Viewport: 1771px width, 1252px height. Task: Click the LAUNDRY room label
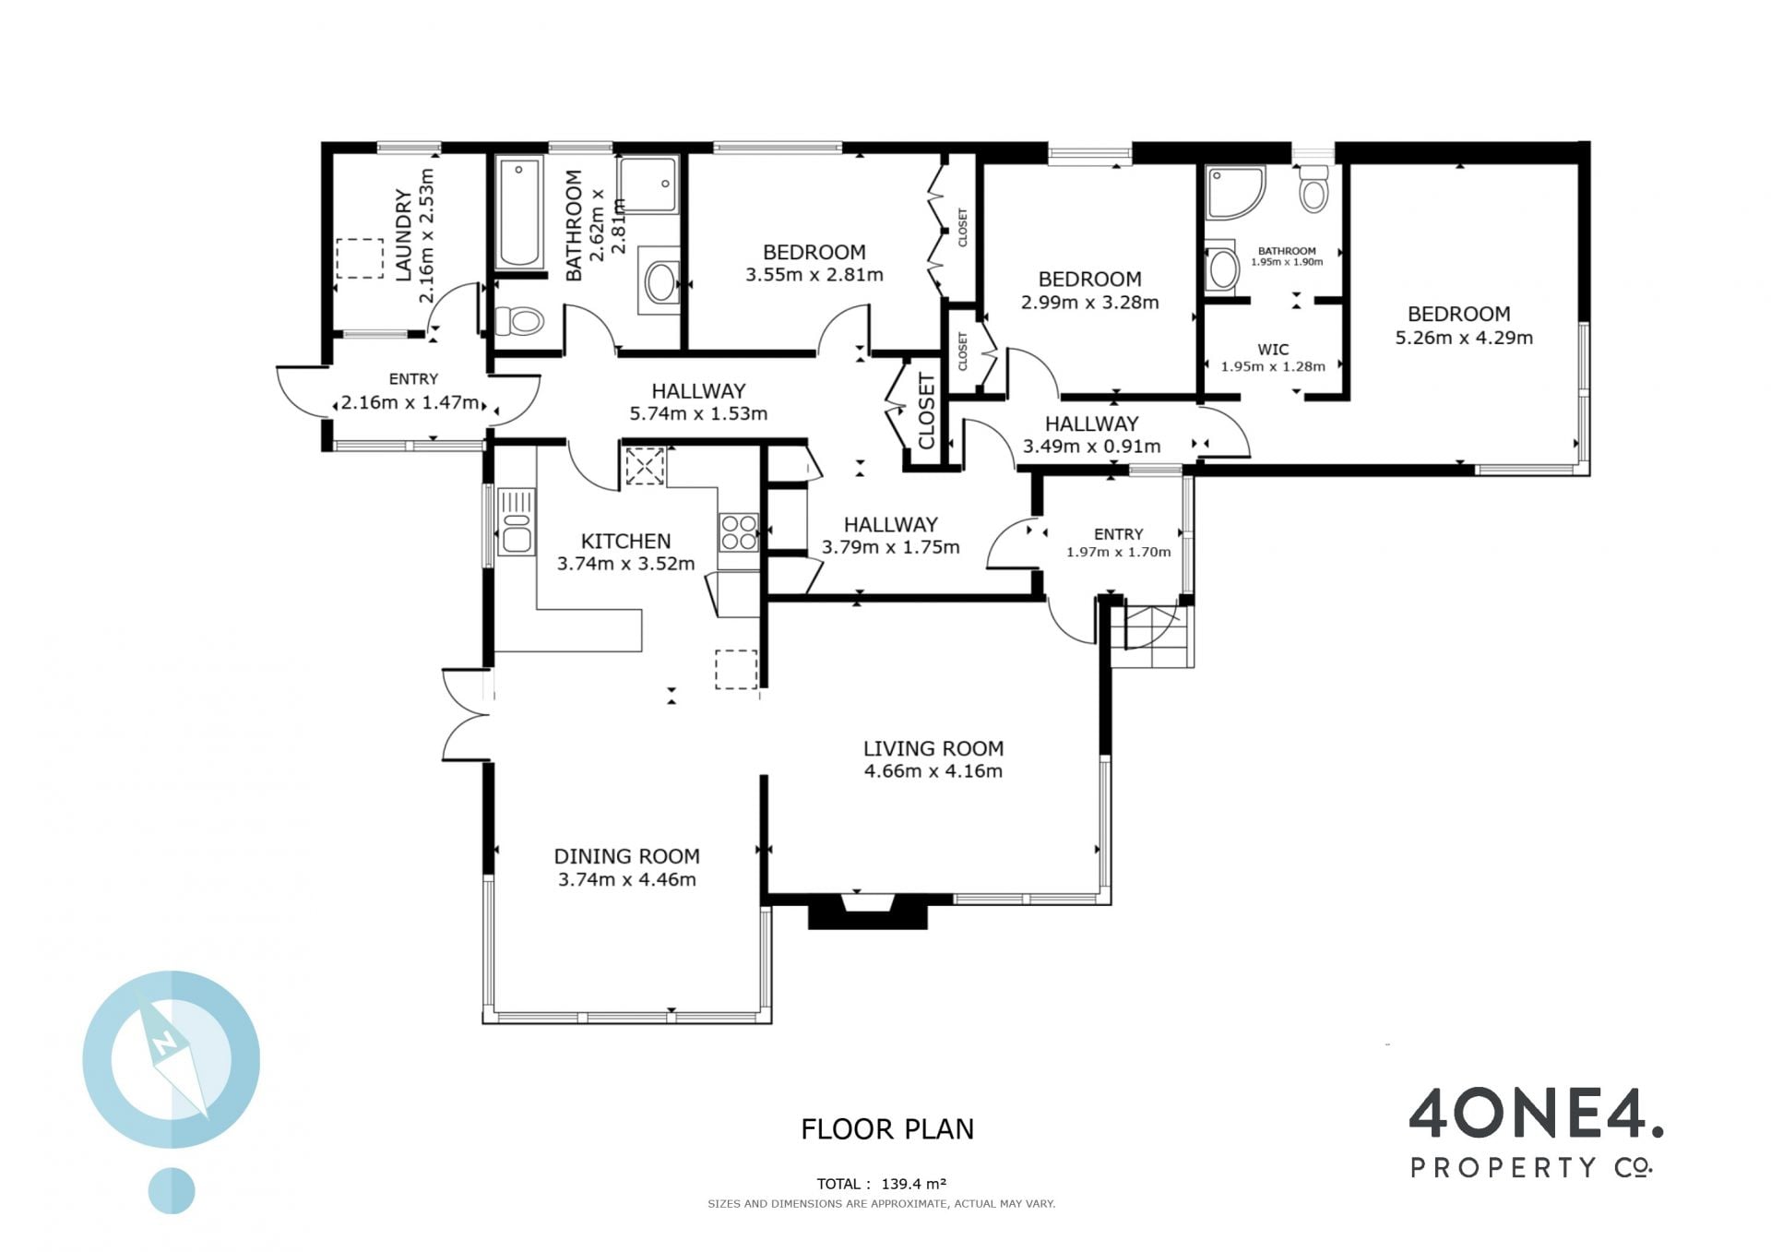pyautogui.click(x=403, y=234)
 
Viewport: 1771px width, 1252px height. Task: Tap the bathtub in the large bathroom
pyautogui.click(x=518, y=212)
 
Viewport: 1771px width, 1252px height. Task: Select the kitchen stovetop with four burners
pyautogui.click(x=739, y=532)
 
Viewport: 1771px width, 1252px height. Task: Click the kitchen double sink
pyautogui.click(x=517, y=522)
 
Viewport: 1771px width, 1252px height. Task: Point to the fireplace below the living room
pyautogui.click(x=867, y=911)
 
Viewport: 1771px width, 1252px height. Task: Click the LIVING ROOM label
pyautogui.click(x=933, y=748)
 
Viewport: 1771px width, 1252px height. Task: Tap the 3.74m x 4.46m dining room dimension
pyautogui.click(x=627, y=879)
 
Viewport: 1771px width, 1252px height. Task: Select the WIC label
pyautogui.click(x=1273, y=350)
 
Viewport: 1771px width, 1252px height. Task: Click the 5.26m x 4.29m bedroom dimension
pyautogui.click(x=1464, y=338)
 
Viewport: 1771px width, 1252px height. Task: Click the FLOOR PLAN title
pyautogui.click(x=887, y=1129)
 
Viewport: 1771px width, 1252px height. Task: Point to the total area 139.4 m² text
pyautogui.click(x=882, y=1184)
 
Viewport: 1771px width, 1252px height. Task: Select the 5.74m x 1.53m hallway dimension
pyautogui.click(x=698, y=413)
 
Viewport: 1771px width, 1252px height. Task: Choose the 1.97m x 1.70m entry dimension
pyautogui.click(x=1119, y=552)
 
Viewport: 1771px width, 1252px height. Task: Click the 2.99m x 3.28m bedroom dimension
pyautogui.click(x=1090, y=303)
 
